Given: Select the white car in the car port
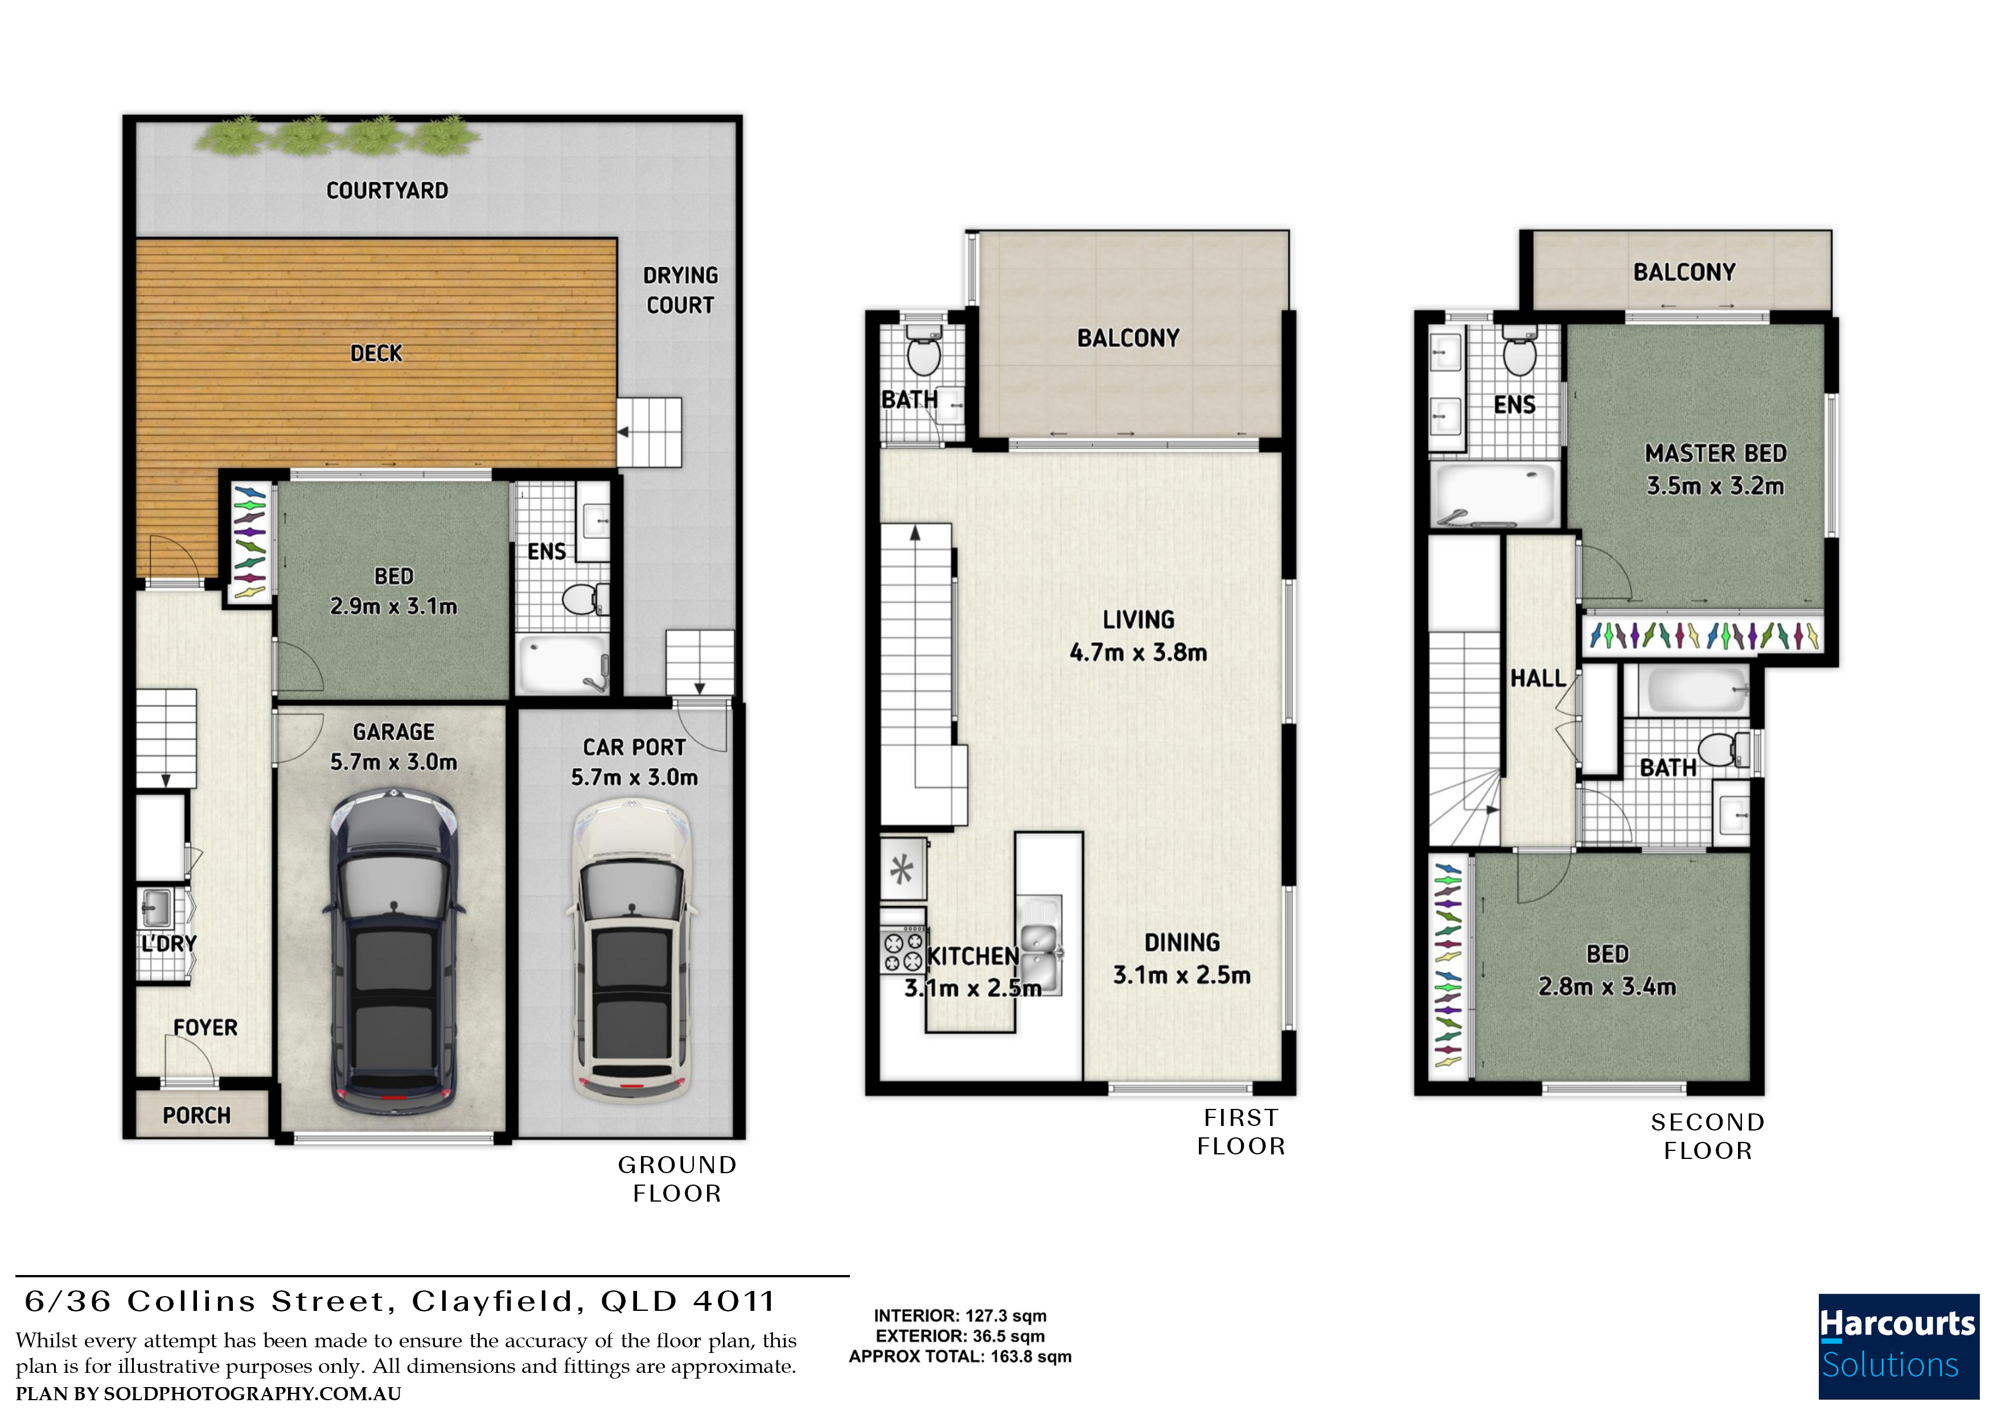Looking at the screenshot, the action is pyautogui.click(x=632, y=950).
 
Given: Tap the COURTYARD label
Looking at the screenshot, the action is pyautogui.click(x=387, y=191).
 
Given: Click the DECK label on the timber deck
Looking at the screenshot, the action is pyautogui.click(x=377, y=353).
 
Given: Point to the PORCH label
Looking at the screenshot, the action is pyautogui.click(x=196, y=1115).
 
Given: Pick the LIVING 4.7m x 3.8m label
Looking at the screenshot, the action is pyautogui.click(x=1139, y=636).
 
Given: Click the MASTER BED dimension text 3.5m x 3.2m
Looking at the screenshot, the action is pyautogui.click(x=1715, y=485).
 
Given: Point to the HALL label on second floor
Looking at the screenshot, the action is pyautogui.click(x=1538, y=678).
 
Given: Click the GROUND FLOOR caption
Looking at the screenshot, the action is pyautogui.click(x=677, y=1179).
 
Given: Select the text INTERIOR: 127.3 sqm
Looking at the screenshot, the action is pyautogui.click(x=960, y=1315).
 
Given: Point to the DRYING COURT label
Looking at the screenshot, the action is pyautogui.click(x=680, y=290).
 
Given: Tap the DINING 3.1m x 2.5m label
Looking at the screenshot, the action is pyautogui.click(x=1182, y=958).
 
